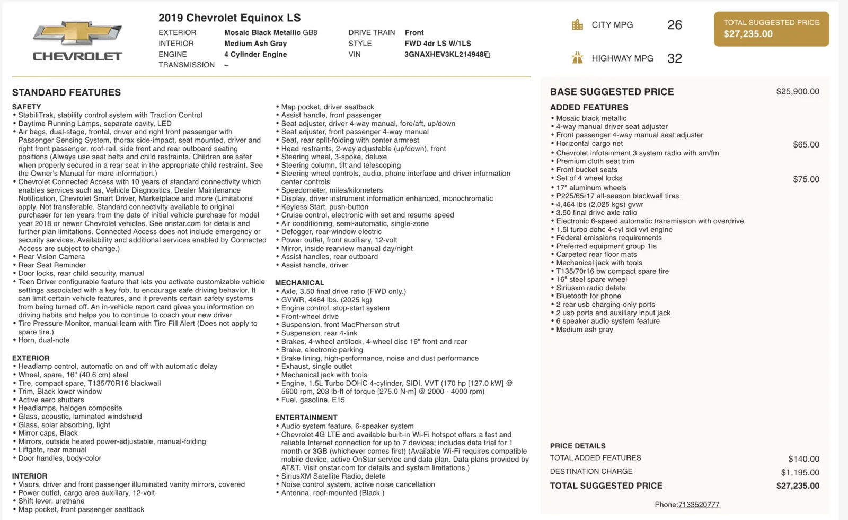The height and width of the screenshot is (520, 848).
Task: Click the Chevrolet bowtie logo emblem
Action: pyautogui.click(x=77, y=33)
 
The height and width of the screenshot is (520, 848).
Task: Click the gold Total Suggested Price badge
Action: pyautogui.click(x=771, y=29)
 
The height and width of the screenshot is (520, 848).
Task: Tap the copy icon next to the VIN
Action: pyautogui.click(x=488, y=55)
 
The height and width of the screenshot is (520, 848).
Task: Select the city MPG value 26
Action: pyautogui.click(x=674, y=25)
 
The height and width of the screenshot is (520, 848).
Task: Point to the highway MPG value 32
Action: pyautogui.click(x=674, y=58)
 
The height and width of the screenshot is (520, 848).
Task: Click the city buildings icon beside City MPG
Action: pyautogui.click(x=577, y=25)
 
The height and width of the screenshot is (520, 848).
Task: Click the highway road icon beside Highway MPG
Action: pyautogui.click(x=577, y=58)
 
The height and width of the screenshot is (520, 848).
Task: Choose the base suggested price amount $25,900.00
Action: pyautogui.click(x=797, y=92)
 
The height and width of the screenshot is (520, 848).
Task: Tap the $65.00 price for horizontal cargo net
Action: pyautogui.click(x=806, y=144)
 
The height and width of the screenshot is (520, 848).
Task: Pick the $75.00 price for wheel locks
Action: pyautogui.click(x=806, y=179)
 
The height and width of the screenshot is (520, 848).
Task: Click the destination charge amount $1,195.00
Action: pyautogui.click(x=800, y=472)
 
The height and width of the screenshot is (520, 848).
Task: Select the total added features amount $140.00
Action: pyautogui.click(x=803, y=459)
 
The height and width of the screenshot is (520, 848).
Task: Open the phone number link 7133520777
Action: pyautogui.click(x=699, y=505)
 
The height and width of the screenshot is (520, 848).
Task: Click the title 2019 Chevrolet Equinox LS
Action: pyautogui.click(x=229, y=18)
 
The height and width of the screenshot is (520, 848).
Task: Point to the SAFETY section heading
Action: pyautogui.click(x=26, y=107)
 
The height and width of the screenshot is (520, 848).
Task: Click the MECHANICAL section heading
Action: pyautogui.click(x=299, y=283)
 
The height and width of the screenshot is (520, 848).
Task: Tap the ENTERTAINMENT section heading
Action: pyautogui.click(x=306, y=418)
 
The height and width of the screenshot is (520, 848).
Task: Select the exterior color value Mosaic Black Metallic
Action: pyautogui.click(x=262, y=32)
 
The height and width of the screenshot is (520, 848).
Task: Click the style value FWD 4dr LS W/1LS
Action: pyautogui.click(x=437, y=44)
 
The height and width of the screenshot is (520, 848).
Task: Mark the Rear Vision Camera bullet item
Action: pyautogui.click(x=52, y=257)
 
